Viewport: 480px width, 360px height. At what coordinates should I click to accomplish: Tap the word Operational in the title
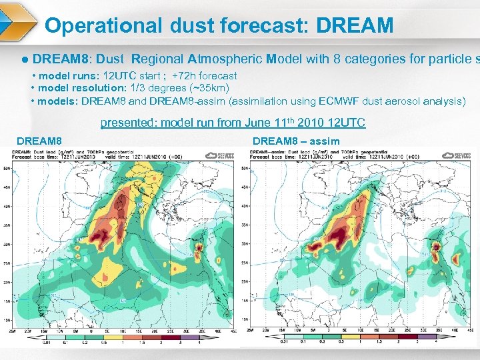pyautogui.click(x=103, y=26)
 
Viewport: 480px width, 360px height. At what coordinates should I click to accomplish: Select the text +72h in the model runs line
pyautogui.click(x=185, y=76)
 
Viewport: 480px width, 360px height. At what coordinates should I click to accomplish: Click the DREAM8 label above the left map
pyautogui.click(x=39, y=141)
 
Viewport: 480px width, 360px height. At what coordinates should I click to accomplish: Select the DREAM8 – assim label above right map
pyautogui.click(x=296, y=141)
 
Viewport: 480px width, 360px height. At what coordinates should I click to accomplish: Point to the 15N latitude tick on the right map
pyautogui.click(x=245, y=301)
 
